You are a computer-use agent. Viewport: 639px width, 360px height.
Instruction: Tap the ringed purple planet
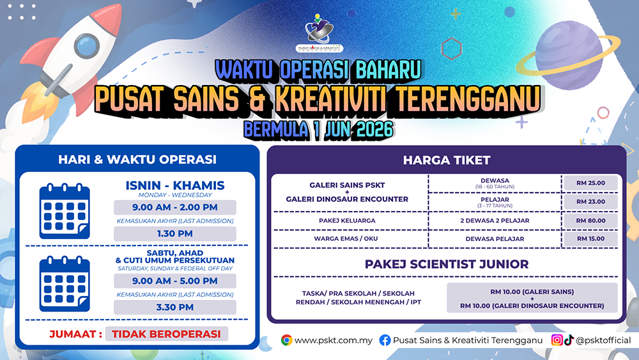[569, 56]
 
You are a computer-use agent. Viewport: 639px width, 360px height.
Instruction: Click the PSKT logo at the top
[319, 33]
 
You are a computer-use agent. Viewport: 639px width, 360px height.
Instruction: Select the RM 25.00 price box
[590, 183]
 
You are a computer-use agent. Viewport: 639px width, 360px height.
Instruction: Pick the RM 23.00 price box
[590, 202]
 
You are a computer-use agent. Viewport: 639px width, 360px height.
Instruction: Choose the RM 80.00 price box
[590, 221]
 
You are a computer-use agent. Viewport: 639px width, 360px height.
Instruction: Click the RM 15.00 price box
[590, 239]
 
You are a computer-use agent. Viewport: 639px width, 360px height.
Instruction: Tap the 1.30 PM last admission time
[175, 233]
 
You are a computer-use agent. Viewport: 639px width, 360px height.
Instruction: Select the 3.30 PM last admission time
[175, 308]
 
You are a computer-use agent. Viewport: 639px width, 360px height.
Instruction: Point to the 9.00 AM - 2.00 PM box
[175, 207]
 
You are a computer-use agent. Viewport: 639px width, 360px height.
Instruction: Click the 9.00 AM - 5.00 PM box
[175, 281]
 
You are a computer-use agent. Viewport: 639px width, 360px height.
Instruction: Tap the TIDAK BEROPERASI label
[166, 334]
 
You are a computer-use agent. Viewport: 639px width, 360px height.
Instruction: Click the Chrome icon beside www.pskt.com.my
[286, 340]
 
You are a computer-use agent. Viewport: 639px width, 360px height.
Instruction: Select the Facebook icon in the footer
[385, 340]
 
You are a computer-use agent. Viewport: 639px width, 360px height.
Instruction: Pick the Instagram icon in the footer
[557, 340]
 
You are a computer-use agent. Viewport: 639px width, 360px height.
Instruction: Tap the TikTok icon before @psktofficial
[569, 340]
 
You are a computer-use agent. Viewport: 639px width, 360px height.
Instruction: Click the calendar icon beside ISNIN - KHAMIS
[65, 211]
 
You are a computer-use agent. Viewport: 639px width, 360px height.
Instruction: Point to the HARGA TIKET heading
[447, 160]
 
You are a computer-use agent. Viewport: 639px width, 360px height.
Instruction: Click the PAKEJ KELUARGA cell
[347, 221]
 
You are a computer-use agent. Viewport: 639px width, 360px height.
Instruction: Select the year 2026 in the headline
[375, 130]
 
